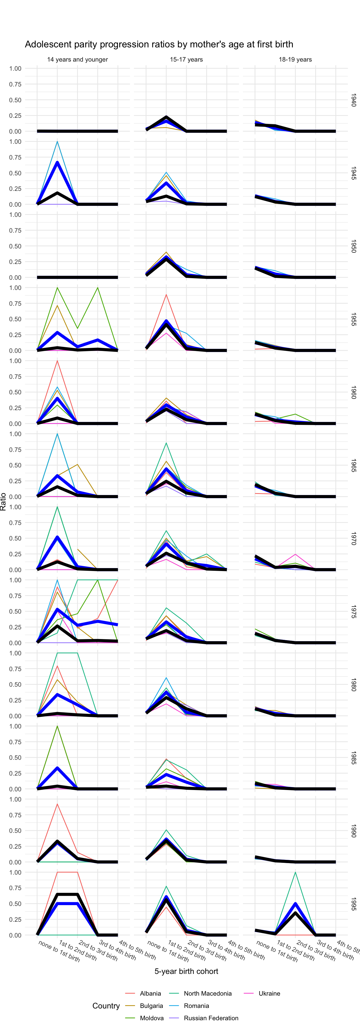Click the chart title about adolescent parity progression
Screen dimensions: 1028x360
click(x=159, y=44)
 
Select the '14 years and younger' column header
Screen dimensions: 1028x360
click(x=77, y=59)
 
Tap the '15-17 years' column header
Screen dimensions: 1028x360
click(x=186, y=59)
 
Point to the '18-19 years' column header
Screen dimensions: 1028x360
click(x=295, y=59)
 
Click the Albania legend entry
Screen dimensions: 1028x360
click(x=150, y=993)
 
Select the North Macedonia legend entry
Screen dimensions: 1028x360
click(x=208, y=993)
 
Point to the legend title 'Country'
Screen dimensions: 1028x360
click(x=106, y=1006)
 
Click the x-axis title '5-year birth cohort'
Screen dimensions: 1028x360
click(x=186, y=971)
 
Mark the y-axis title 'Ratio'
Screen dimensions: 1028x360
click(x=3, y=502)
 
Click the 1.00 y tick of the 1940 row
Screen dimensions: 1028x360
click(x=15, y=69)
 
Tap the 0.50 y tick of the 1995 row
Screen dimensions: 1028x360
click(x=15, y=904)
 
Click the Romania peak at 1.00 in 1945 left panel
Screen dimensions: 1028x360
click(x=57, y=142)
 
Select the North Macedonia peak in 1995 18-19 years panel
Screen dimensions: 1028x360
click(x=295, y=872)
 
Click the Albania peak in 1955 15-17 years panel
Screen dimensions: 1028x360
click(x=166, y=294)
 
